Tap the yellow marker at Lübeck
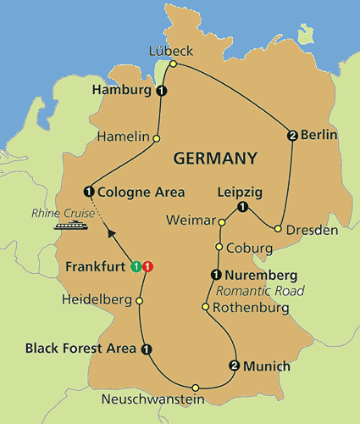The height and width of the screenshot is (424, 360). click(173, 64)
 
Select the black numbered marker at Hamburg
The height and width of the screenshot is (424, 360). click(161, 91)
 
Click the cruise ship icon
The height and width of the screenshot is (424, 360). click(68, 225)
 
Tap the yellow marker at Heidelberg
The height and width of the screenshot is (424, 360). click(140, 300)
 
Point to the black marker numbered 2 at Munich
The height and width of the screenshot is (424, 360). click(234, 366)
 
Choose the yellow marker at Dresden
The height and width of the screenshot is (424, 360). click(278, 228)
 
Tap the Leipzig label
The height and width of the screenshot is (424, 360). click(237, 192)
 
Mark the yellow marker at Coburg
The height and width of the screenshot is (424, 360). click(219, 248)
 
